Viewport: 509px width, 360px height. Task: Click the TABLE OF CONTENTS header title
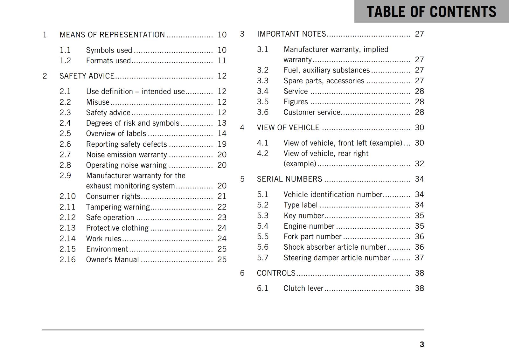431,12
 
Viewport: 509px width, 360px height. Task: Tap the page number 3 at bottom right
422,344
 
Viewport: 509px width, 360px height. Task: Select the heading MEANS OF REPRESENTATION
112,35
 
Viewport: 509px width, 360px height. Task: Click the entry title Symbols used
109,50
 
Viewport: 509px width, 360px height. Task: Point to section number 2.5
65,134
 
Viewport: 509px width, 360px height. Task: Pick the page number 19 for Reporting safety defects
222,144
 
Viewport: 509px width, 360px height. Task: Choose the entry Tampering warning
118,207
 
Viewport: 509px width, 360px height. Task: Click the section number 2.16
67,260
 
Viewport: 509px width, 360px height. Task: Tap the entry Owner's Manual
112,260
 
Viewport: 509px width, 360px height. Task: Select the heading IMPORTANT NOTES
291,34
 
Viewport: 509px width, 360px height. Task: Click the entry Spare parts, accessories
324,81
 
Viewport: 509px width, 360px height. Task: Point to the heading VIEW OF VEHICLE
288,128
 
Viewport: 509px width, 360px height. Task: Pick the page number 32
419,164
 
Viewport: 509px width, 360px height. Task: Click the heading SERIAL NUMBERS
289,179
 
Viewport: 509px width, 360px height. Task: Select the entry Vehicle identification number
333,195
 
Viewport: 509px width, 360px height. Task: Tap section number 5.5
262,237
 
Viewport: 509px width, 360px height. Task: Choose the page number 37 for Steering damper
419,258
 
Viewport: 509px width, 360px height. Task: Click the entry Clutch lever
303,288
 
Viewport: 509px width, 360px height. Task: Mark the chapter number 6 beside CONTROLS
242,273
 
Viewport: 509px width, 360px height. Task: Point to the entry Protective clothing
117,228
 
